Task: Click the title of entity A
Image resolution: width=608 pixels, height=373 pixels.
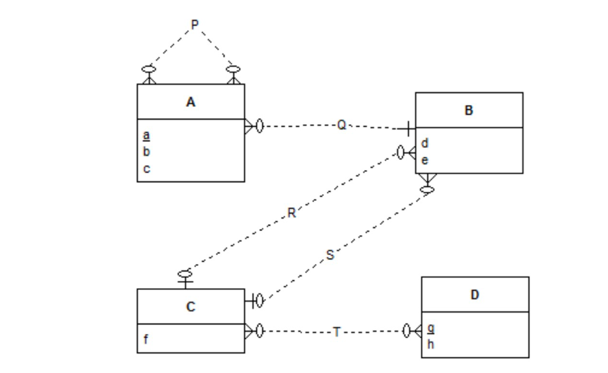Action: (191, 102)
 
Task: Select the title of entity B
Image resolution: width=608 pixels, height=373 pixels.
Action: (469, 110)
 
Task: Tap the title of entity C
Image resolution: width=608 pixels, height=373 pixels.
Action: (191, 306)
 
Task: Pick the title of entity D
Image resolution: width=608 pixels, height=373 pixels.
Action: (474, 295)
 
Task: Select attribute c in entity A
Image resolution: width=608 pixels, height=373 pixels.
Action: (147, 168)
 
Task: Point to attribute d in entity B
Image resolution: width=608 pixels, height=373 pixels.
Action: (425, 143)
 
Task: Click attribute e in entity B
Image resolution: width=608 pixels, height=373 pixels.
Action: (425, 160)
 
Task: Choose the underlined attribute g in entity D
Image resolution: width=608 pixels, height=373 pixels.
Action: (430, 328)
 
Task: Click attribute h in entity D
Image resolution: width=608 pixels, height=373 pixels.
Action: (430, 344)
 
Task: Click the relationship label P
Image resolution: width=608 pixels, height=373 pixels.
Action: (194, 25)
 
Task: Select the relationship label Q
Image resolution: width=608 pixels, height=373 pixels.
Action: (341, 125)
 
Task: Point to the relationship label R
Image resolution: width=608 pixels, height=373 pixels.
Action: (291, 213)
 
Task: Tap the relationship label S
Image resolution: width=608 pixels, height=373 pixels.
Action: (330, 255)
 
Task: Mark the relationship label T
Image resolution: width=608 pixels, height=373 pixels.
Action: (336, 332)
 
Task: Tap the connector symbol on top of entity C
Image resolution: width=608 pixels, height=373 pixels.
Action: (185, 278)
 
